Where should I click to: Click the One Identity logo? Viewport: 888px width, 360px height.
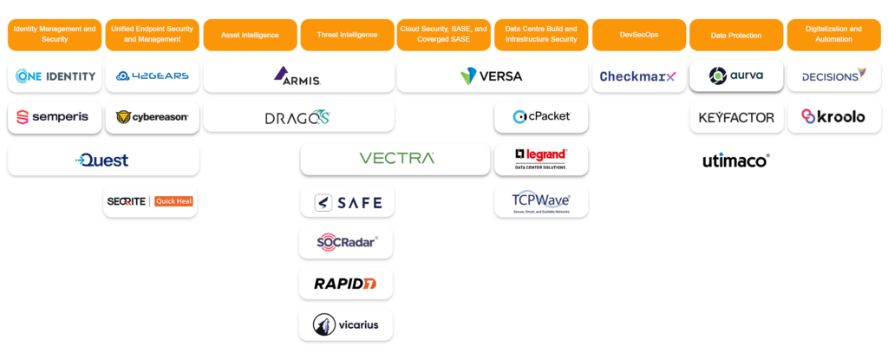(x=55, y=76)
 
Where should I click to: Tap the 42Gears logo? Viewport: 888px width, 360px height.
(x=152, y=76)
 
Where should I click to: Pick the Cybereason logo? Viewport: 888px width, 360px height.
(x=152, y=117)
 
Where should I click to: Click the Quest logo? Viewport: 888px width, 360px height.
(x=102, y=160)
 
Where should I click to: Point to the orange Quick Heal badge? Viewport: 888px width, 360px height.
(x=173, y=201)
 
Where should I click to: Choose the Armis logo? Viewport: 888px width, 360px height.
(x=297, y=76)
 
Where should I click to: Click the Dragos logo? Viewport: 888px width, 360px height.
(x=297, y=117)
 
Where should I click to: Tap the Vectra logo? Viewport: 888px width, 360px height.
(x=396, y=159)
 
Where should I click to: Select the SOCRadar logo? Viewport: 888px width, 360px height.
(x=346, y=242)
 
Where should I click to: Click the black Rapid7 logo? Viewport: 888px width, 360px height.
(x=346, y=283)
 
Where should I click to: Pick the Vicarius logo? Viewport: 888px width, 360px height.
(x=346, y=324)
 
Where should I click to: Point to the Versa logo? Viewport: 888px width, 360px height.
(x=492, y=76)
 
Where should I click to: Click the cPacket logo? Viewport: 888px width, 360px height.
(x=541, y=117)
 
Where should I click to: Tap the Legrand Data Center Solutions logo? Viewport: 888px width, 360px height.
(x=541, y=158)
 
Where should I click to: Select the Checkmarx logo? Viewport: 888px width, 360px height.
(x=638, y=76)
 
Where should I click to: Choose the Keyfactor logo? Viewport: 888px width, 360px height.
(x=736, y=117)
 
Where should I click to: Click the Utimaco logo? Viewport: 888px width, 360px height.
(x=736, y=160)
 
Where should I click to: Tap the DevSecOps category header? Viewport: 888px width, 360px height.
(x=638, y=35)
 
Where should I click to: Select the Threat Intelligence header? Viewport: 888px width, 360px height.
(x=347, y=35)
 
